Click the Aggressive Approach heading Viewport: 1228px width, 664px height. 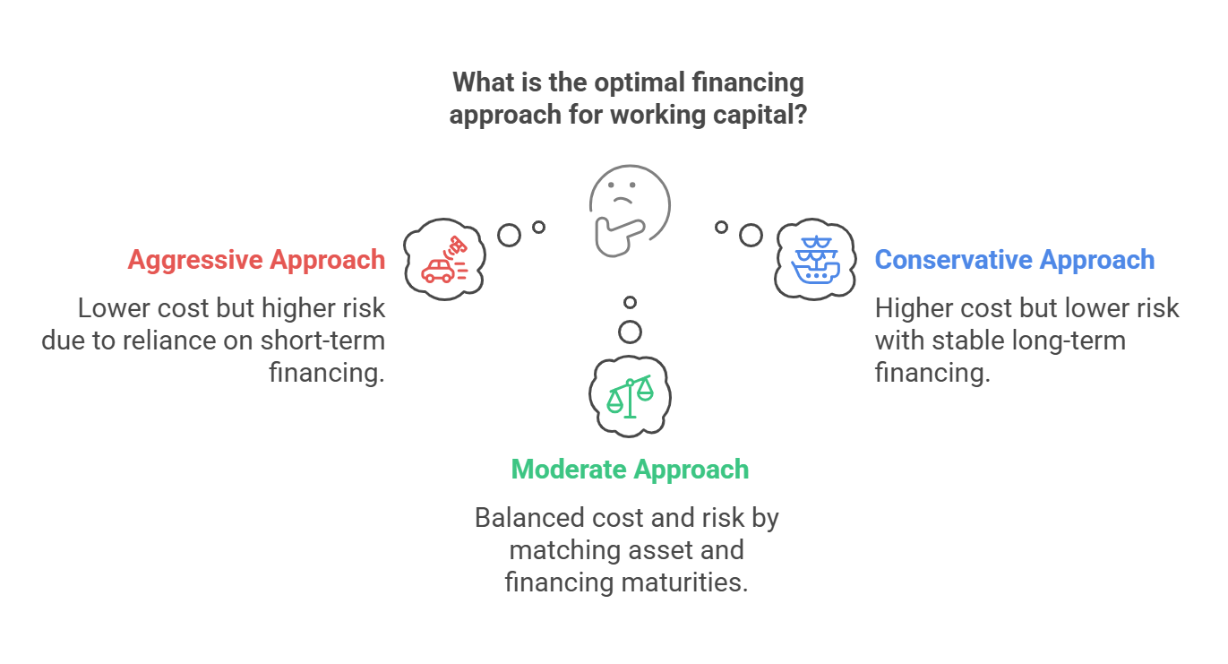(256, 261)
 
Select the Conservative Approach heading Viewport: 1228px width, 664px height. (1015, 260)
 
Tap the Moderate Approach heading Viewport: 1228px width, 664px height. (630, 470)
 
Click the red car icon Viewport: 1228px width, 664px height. (444, 260)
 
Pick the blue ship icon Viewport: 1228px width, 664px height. (816, 260)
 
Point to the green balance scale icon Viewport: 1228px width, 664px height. (631, 396)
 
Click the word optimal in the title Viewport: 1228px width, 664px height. (640, 83)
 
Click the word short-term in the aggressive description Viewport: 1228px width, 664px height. (322, 341)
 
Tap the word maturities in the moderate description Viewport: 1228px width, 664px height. (684, 582)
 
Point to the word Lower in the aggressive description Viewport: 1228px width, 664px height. (114, 308)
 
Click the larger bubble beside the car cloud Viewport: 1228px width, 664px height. (509, 236)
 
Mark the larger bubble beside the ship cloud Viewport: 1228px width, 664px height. (751, 236)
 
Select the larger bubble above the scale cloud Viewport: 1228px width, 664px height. (630, 332)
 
